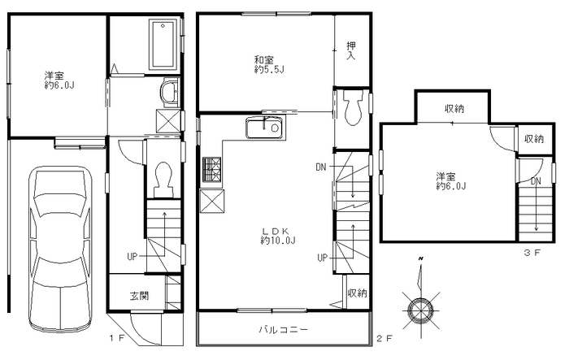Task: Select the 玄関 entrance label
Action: coord(139,296)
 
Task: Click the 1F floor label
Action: coord(117,338)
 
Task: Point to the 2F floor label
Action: coord(384,339)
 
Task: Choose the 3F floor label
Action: coord(532,253)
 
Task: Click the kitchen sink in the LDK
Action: coord(264,128)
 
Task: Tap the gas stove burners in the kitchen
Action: coord(211,169)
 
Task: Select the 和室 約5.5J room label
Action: coord(269,64)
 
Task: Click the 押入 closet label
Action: coord(351,50)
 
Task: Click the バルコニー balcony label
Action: coord(284,329)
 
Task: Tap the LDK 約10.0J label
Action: coord(278,236)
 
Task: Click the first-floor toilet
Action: coord(163,180)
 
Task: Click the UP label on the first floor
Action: coord(132,257)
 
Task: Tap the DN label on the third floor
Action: coord(536,181)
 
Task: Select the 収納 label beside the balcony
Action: coord(358,293)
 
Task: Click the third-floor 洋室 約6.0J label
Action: coord(450,181)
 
